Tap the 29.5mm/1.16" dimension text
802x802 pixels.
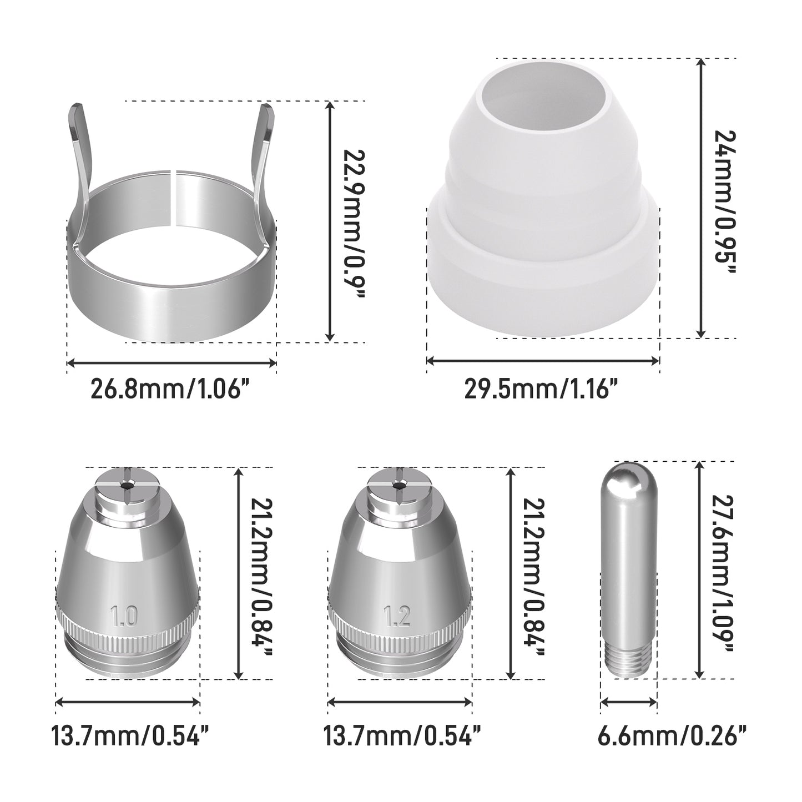(x=541, y=390)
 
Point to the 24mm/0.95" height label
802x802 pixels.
(x=725, y=203)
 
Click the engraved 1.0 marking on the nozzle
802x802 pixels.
(x=124, y=616)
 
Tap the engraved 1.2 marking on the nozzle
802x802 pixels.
(x=397, y=616)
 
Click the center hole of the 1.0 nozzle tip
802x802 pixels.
(x=125, y=484)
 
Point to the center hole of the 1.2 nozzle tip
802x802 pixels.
(x=400, y=484)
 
